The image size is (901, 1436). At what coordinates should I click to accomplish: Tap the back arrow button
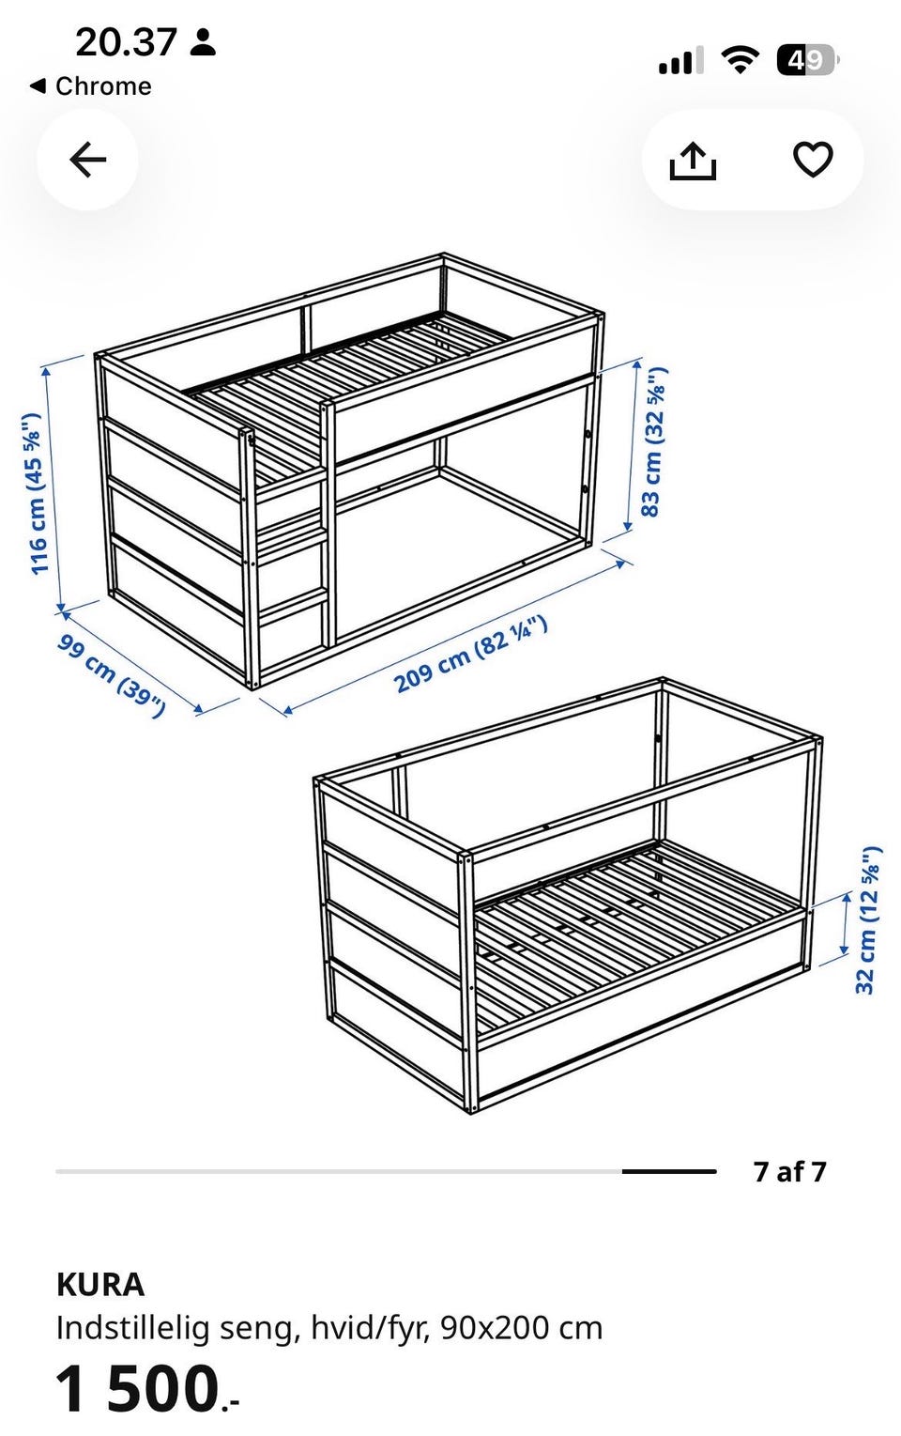[x=88, y=159]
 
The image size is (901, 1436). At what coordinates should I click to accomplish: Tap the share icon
[x=693, y=161]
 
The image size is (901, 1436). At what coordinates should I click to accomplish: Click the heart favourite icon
[x=813, y=159]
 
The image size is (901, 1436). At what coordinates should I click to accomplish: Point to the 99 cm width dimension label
[x=112, y=675]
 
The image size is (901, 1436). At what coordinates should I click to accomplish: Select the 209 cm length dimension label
[x=471, y=654]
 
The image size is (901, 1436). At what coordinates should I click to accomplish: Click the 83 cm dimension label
[x=654, y=441]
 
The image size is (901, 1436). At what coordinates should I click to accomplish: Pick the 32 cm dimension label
[x=869, y=920]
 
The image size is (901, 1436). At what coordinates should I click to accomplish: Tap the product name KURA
[x=100, y=1286]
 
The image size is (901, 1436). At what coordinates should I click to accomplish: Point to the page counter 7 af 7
[x=790, y=1171]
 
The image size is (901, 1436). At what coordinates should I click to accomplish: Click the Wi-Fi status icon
[x=741, y=60]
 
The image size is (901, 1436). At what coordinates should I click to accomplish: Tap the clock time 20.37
[x=126, y=42]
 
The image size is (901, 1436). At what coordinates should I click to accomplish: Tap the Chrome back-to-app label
[x=91, y=85]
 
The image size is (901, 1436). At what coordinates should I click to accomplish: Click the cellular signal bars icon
[x=680, y=60]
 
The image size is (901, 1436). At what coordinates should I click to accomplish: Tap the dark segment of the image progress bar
[x=668, y=1171]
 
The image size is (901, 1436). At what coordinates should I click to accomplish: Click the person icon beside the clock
[x=203, y=42]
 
